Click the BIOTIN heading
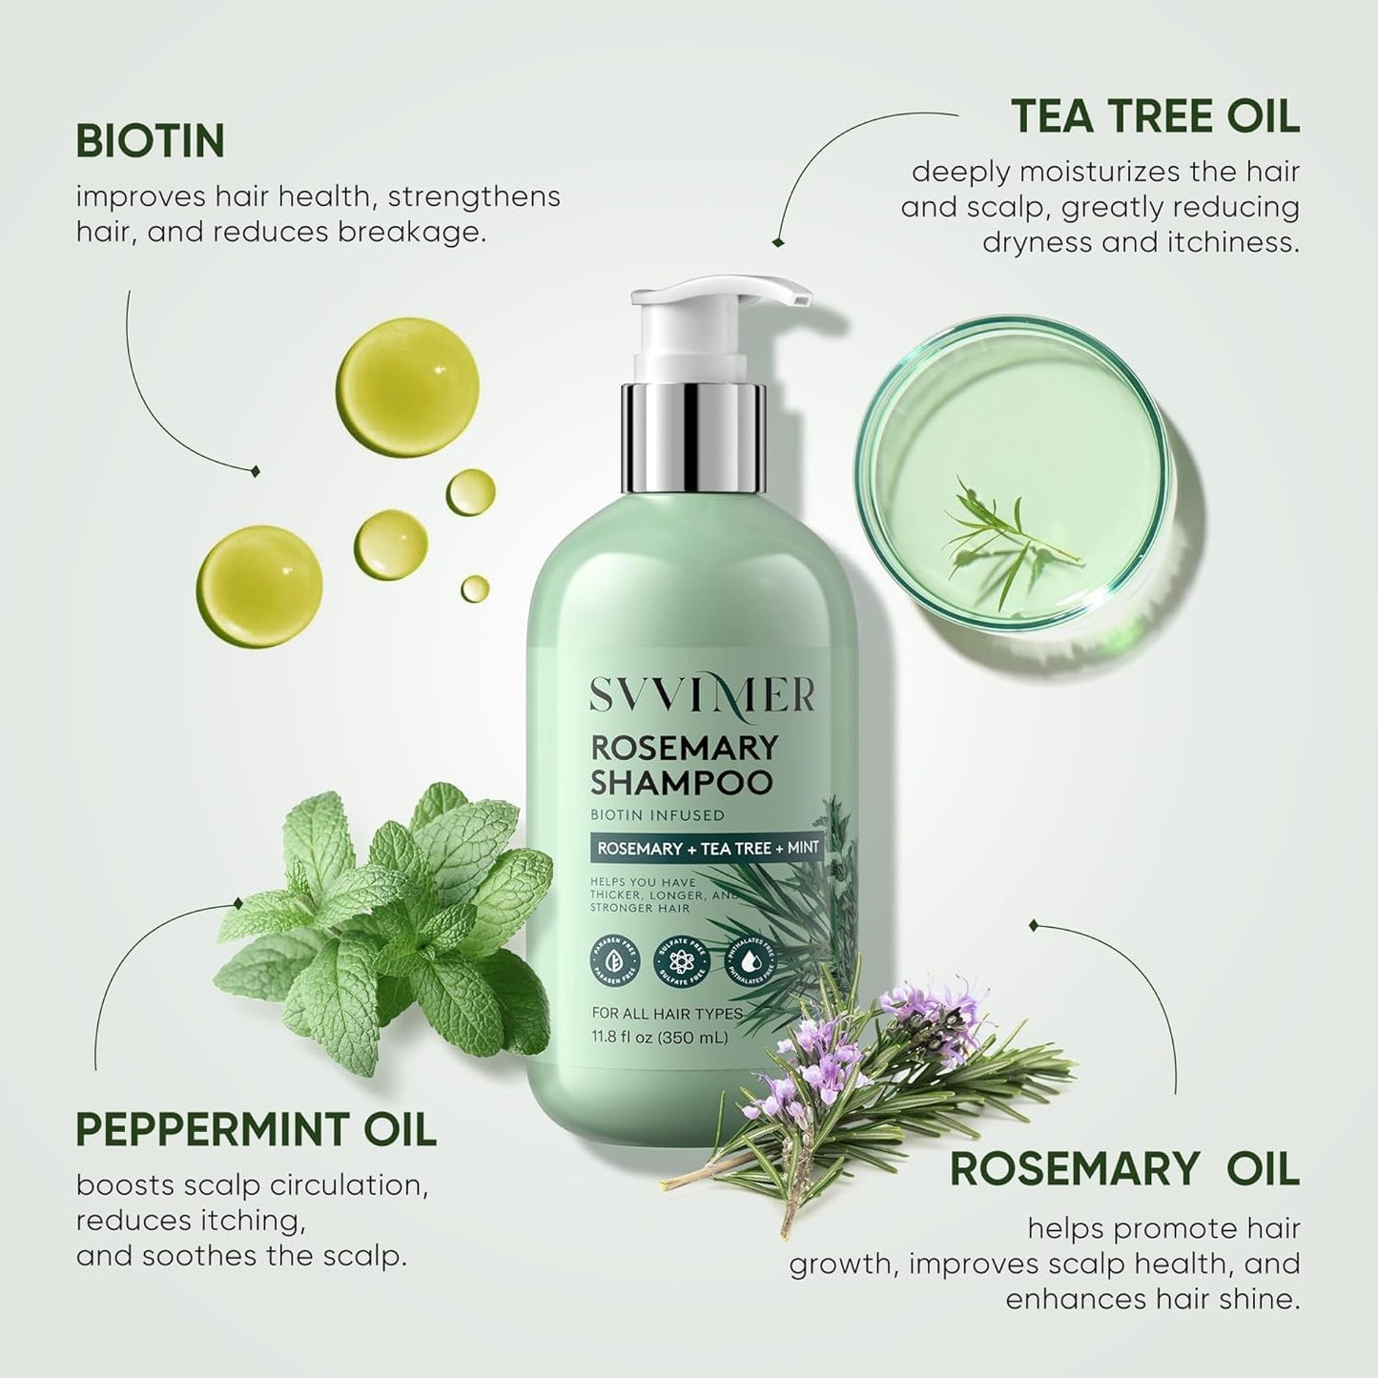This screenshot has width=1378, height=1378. click(150, 141)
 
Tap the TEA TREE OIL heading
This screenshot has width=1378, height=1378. click(1155, 117)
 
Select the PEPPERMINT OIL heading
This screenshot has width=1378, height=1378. click(256, 1130)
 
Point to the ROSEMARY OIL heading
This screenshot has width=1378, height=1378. click(1124, 1170)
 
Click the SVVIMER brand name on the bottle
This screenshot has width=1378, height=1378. click(700, 696)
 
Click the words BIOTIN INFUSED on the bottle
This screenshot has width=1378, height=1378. click(657, 815)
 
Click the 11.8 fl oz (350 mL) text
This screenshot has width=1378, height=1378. click(659, 1037)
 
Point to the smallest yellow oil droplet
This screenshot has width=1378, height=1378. click(475, 587)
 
